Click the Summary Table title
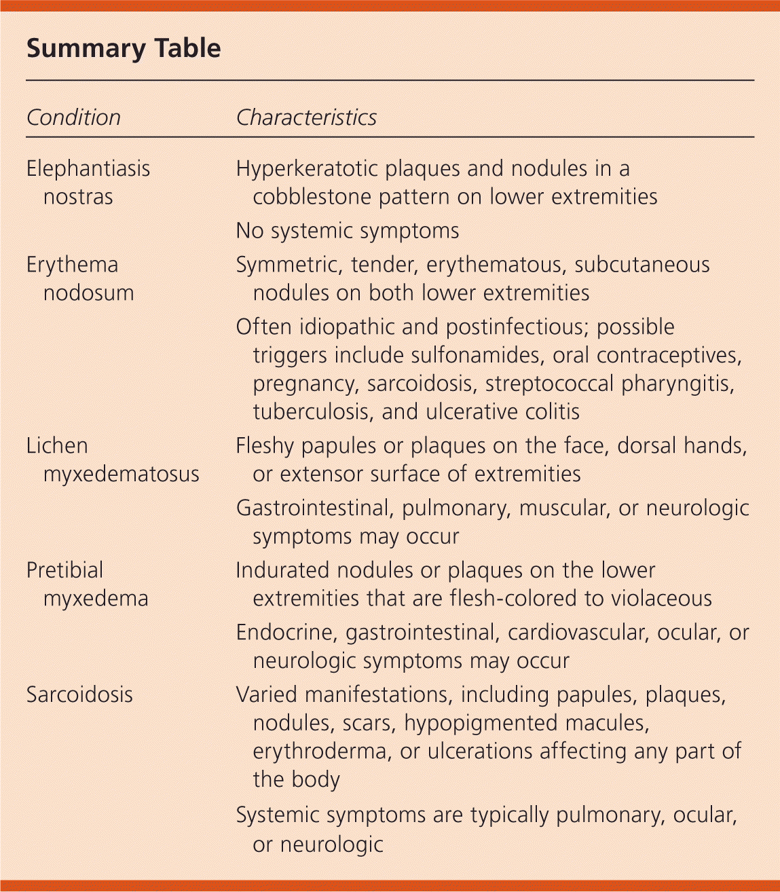tap(124, 49)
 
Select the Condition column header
tap(73, 117)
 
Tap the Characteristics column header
tap(306, 117)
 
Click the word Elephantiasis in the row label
tap(88, 168)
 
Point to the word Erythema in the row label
tap(72, 265)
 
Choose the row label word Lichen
tap(57, 446)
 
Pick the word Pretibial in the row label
tap(65, 570)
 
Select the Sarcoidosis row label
tap(79, 694)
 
